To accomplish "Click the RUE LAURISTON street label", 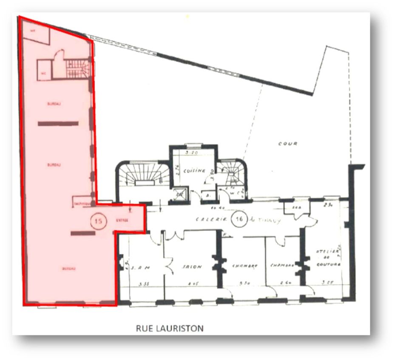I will pyautogui.click(x=170, y=328).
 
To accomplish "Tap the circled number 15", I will pyautogui.click(x=99, y=221).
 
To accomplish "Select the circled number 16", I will pyautogui.click(x=240, y=220).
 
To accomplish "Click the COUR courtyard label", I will pyautogui.click(x=288, y=144).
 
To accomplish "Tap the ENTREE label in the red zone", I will pyautogui.click(x=122, y=221).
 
